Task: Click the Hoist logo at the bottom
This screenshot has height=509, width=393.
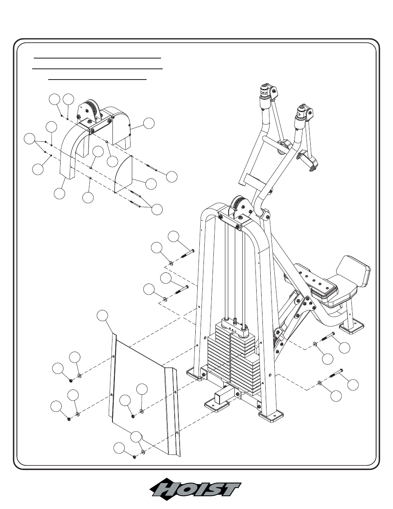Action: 195,490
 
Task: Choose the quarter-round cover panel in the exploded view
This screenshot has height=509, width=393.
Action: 124,174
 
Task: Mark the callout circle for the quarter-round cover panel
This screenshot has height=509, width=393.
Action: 151,184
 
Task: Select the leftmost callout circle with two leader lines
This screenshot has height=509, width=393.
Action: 29,139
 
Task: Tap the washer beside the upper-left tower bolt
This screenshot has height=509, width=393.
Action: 170,263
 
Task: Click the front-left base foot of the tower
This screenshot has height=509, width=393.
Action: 195,374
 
